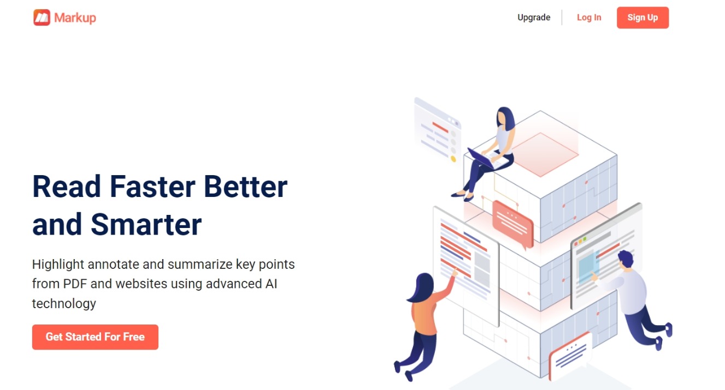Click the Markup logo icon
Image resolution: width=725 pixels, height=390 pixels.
(42, 17)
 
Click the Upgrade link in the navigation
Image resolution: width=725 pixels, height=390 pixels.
(534, 17)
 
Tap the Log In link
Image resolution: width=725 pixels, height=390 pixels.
(589, 17)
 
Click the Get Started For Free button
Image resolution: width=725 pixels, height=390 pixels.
(95, 337)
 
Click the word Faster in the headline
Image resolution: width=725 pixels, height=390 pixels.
(152, 187)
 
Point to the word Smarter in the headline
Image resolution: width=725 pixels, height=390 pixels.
(146, 224)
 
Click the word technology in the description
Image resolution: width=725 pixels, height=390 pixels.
(64, 304)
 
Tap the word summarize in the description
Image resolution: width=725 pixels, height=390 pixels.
(200, 265)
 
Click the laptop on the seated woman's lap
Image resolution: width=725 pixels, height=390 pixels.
(486, 159)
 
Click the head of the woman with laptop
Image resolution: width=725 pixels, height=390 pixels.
(505, 118)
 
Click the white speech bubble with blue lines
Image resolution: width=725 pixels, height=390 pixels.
(570, 356)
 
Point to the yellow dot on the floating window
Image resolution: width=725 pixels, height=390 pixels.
(453, 159)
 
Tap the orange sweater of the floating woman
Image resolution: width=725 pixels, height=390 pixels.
(427, 311)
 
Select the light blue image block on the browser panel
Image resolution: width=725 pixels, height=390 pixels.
(588, 267)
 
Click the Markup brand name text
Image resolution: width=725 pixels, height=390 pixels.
(75, 18)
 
